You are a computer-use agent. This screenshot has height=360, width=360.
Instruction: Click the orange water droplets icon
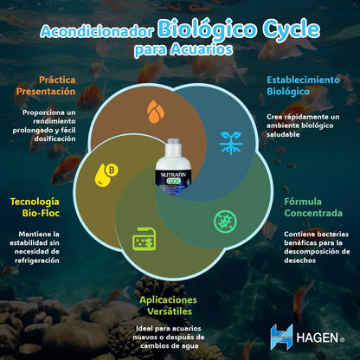156,112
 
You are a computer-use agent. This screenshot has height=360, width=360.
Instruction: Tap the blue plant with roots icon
230,143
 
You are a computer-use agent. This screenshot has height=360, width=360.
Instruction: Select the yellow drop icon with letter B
106,175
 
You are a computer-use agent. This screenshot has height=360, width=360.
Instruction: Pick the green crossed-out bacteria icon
225,222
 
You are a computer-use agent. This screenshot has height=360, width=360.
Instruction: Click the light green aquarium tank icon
144,239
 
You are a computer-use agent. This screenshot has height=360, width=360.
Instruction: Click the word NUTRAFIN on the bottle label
173,175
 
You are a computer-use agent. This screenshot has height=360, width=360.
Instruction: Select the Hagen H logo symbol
282,337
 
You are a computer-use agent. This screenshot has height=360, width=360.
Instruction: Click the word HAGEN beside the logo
318,337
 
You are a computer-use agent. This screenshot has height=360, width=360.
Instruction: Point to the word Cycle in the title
291,30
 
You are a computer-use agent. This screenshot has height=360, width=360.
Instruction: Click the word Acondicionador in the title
97,31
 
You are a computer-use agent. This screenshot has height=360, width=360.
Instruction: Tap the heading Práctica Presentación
46,86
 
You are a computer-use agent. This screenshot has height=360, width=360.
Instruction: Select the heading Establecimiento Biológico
303,86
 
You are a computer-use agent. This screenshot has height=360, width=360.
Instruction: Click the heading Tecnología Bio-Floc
35,208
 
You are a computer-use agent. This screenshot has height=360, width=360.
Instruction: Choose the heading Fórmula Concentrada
313,208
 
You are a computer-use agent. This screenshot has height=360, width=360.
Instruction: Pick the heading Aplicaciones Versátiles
169,305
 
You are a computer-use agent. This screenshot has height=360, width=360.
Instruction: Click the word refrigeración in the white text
37,260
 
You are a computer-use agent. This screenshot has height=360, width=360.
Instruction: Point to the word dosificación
55,138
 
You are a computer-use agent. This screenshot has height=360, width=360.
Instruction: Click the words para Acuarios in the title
183,49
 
